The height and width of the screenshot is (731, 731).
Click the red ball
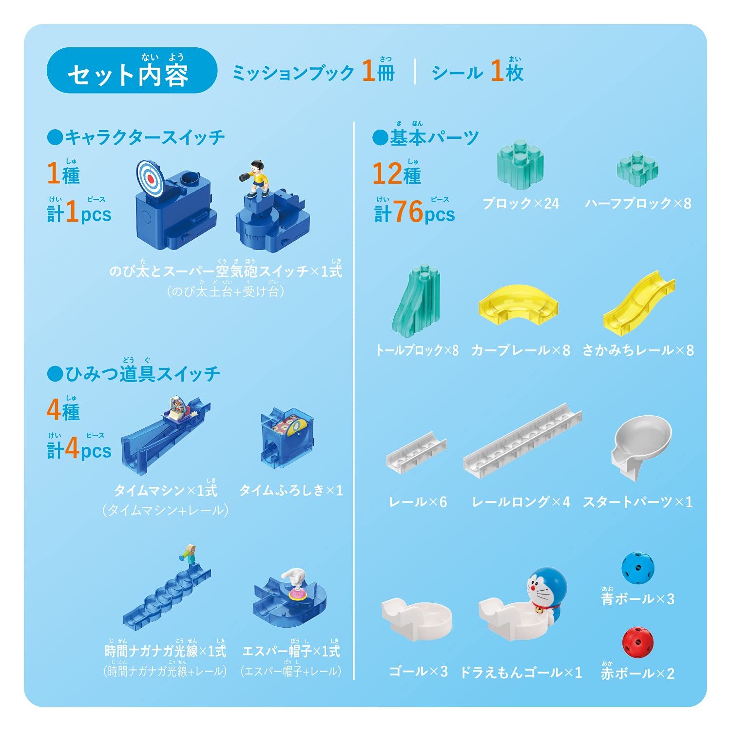pyautogui.click(x=638, y=642)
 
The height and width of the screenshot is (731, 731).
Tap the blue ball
pyautogui.click(x=637, y=568)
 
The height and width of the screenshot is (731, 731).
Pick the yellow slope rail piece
pyautogui.click(x=638, y=305)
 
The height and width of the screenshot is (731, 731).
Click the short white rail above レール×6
pyautogui.click(x=417, y=451)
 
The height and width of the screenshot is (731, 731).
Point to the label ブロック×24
pyautogui.click(x=520, y=203)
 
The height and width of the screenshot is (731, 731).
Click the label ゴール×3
pyautogui.click(x=418, y=672)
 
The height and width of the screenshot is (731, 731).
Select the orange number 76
pyautogui.click(x=408, y=212)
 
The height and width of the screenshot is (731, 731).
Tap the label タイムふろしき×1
pyautogui.click(x=291, y=490)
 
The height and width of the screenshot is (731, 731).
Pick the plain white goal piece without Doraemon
pyautogui.click(x=417, y=616)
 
